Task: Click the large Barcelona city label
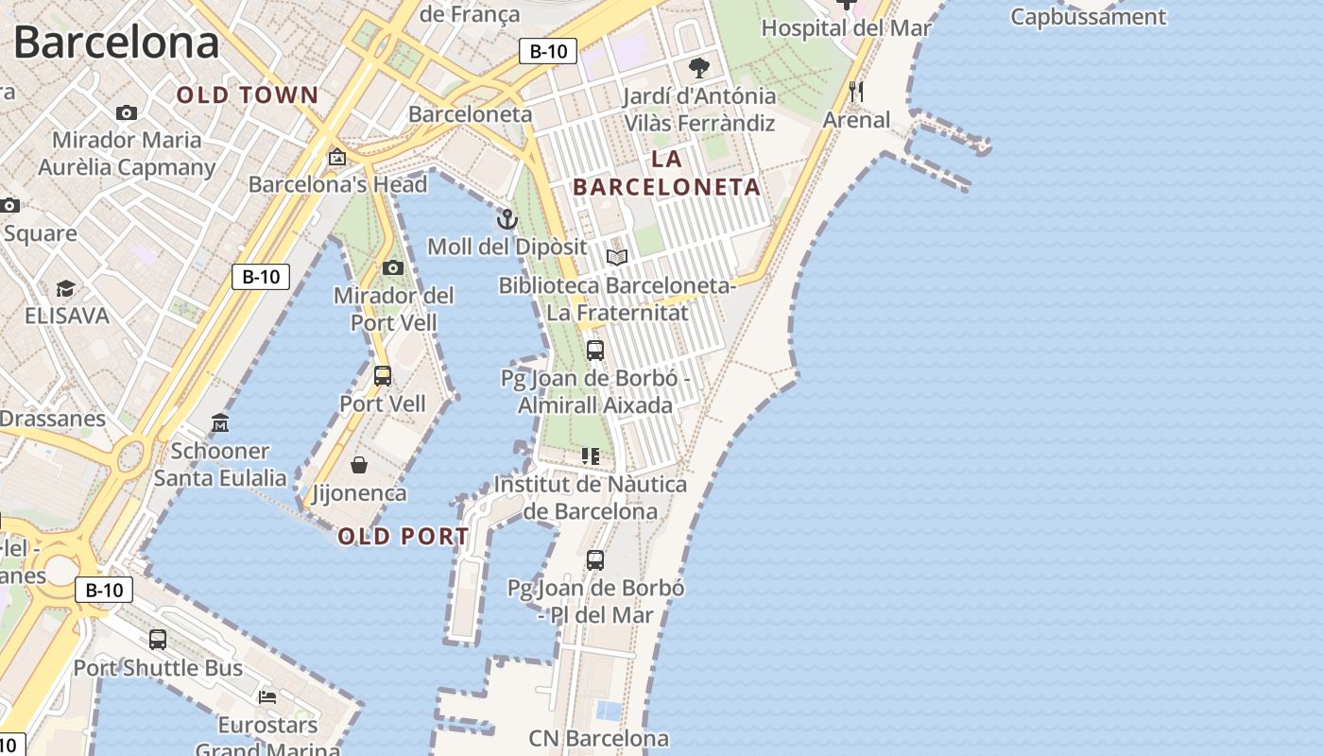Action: (116, 43)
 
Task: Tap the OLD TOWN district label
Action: (248, 94)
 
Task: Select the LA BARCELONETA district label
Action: (666, 173)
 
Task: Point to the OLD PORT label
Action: (404, 536)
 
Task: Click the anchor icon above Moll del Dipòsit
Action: (507, 219)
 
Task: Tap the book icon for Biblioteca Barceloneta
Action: (617, 257)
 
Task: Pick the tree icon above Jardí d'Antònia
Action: (699, 67)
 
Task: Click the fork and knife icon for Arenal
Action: (856, 92)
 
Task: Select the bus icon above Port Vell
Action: (383, 375)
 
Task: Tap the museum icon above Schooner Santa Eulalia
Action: (220, 422)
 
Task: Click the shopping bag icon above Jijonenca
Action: (359, 464)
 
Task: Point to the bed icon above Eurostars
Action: (267, 697)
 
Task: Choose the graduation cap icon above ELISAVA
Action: (65, 287)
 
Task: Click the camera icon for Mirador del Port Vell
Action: (393, 267)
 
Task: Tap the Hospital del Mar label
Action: (846, 27)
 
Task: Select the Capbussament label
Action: (1088, 17)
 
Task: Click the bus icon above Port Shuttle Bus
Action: (158, 640)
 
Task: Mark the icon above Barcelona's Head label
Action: (336, 157)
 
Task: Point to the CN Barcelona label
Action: (598, 738)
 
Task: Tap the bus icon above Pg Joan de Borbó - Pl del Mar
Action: (595, 559)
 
